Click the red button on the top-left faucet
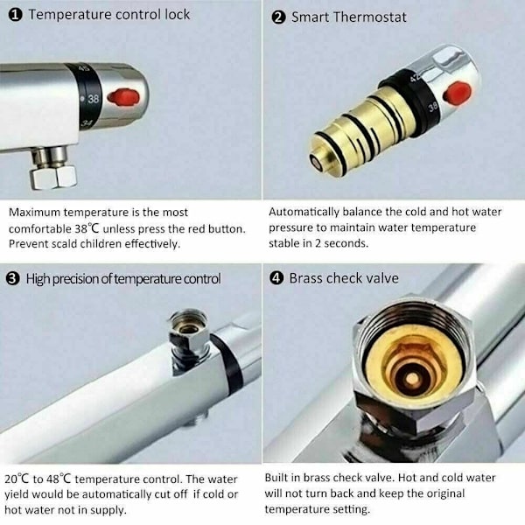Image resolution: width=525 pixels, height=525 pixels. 123,97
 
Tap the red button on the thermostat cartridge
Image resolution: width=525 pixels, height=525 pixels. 457,93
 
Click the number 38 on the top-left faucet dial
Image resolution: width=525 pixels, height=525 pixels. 93,99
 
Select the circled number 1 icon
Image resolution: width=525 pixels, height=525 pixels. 16,15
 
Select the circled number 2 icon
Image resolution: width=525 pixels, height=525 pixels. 278,17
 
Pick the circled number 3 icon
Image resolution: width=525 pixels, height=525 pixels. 13,279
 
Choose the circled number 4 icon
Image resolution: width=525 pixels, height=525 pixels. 276,278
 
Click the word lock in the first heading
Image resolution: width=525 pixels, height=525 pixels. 177,14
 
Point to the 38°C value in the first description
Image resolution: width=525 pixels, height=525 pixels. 87,228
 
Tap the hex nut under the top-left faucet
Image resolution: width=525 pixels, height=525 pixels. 53,177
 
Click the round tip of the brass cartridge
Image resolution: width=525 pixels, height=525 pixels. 316,163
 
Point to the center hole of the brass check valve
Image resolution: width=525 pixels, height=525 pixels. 412,379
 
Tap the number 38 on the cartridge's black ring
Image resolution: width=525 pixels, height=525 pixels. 432,107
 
